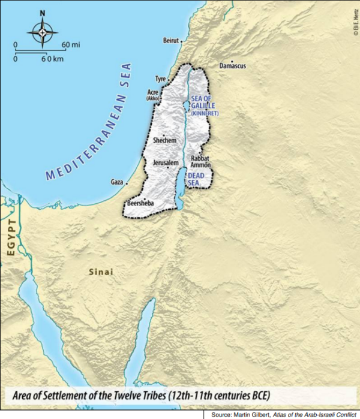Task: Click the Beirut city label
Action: click(x=170, y=41)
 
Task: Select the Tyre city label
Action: click(x=160, y=79)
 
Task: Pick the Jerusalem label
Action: click(x=166, y=162)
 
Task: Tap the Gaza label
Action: click(x=117, y=182)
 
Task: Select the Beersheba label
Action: click(x=140, y=204)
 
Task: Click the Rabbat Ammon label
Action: click(x=200, y=162)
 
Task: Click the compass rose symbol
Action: click(x=42, y=31)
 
